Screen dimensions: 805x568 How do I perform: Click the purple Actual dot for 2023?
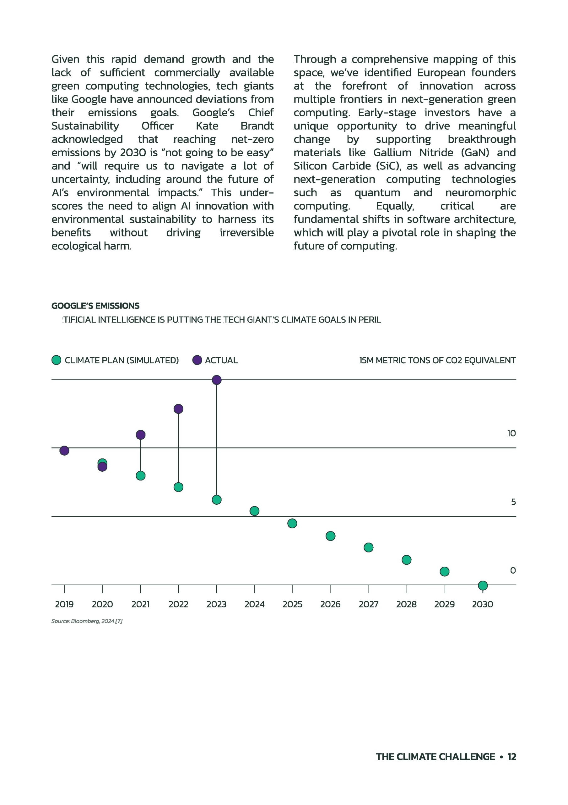[x=216, y=380]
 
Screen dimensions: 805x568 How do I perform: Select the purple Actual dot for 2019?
[x=64, y=451]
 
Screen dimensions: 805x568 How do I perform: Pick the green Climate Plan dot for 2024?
[x=255, y=511]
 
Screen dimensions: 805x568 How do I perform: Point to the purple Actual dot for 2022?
[x=178, y=409]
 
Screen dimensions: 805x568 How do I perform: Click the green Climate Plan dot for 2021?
[x=140, y=475]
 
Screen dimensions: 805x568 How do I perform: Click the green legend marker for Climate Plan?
[x=57, y=360]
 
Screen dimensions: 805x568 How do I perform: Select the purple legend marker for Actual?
[x=197, y=360]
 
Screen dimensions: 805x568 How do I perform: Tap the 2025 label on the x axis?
[x=292, y=604]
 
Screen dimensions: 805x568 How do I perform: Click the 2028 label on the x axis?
[x=406, y=604]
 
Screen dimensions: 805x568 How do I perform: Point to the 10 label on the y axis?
[x=511, y=433]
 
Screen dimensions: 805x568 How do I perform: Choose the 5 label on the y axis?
[x=513, y=502]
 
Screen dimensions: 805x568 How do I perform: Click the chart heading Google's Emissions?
[x=95, y=306]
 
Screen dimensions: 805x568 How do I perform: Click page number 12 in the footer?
[x=511, y=757]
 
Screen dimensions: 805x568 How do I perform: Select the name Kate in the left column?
[x=207, y=126]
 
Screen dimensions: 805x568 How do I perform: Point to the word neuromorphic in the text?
[x=480, y=192]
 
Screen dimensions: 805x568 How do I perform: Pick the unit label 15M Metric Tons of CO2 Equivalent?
[x=437, y=360]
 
